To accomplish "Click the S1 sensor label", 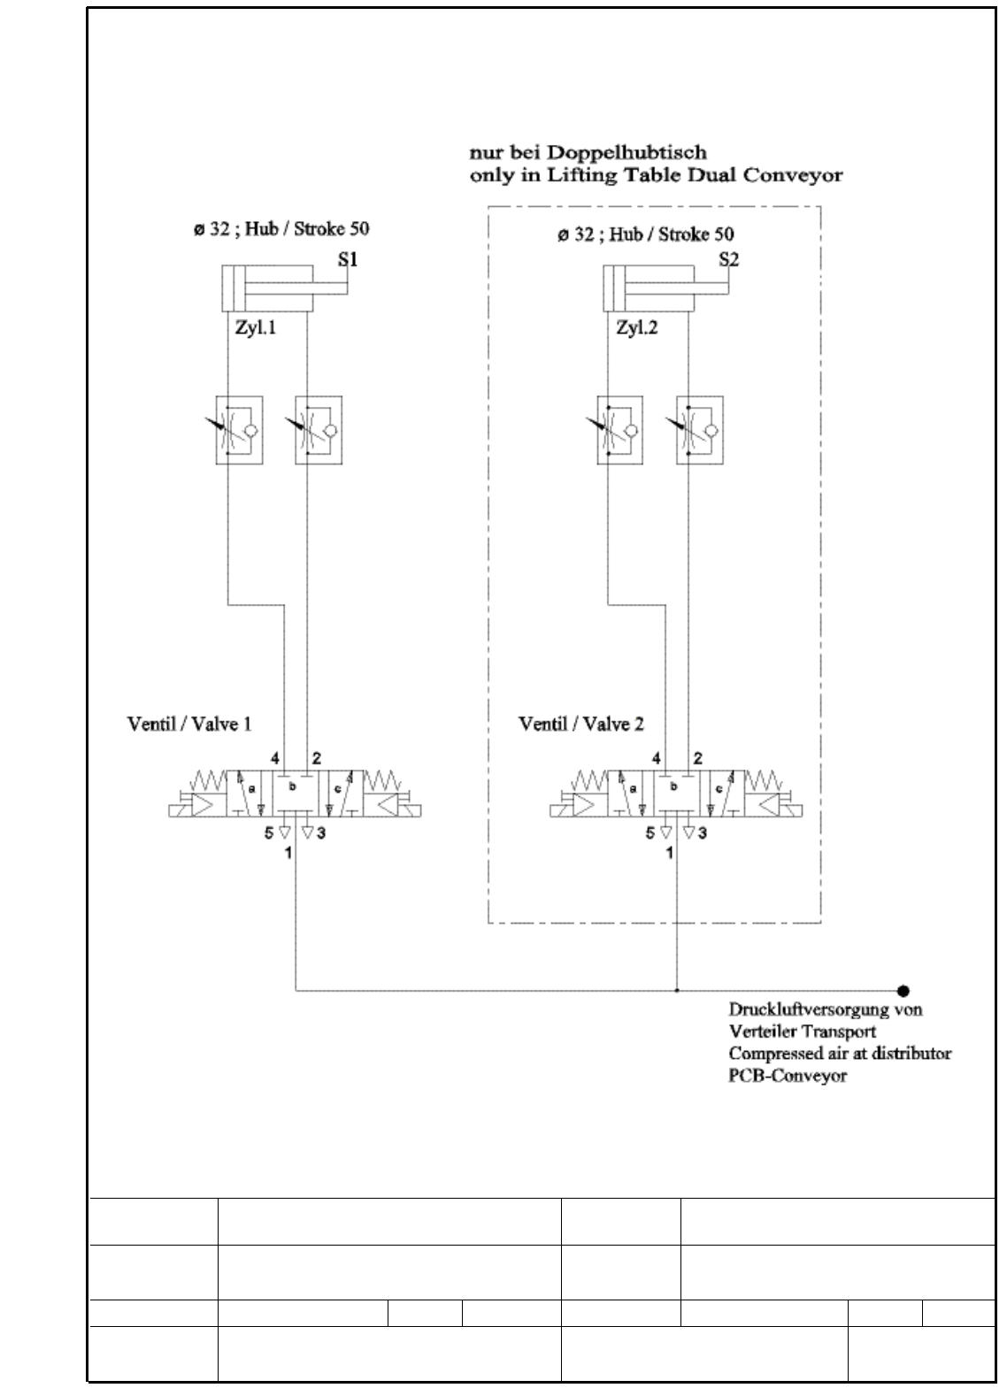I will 348,259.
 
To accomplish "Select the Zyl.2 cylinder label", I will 637,328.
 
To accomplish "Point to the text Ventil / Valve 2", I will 580,724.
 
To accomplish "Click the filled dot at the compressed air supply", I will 903,991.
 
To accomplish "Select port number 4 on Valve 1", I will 275,758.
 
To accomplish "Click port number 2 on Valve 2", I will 698,758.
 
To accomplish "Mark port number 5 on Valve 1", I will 269,832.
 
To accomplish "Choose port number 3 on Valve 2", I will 702,832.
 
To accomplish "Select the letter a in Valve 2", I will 633,786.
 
